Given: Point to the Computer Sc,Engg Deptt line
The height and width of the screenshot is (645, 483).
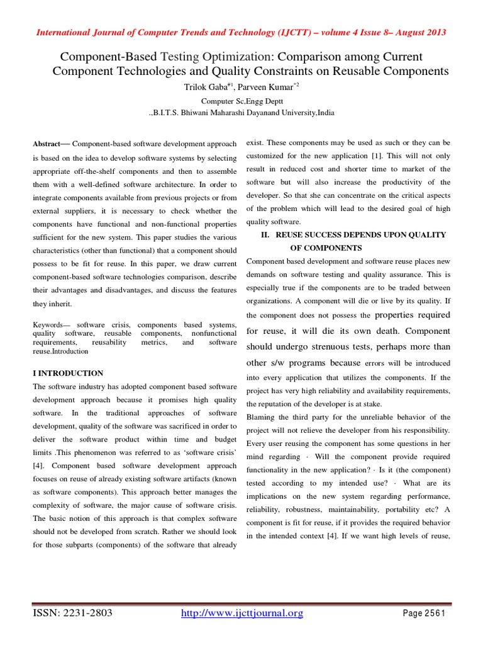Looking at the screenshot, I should (x=241, y=101).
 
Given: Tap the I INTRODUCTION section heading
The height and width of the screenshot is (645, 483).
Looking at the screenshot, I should (x=68, y=373).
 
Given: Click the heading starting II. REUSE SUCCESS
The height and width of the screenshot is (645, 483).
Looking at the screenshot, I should (x=353, y=235).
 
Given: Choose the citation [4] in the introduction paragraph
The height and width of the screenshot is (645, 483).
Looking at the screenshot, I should (x=39, y=466).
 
